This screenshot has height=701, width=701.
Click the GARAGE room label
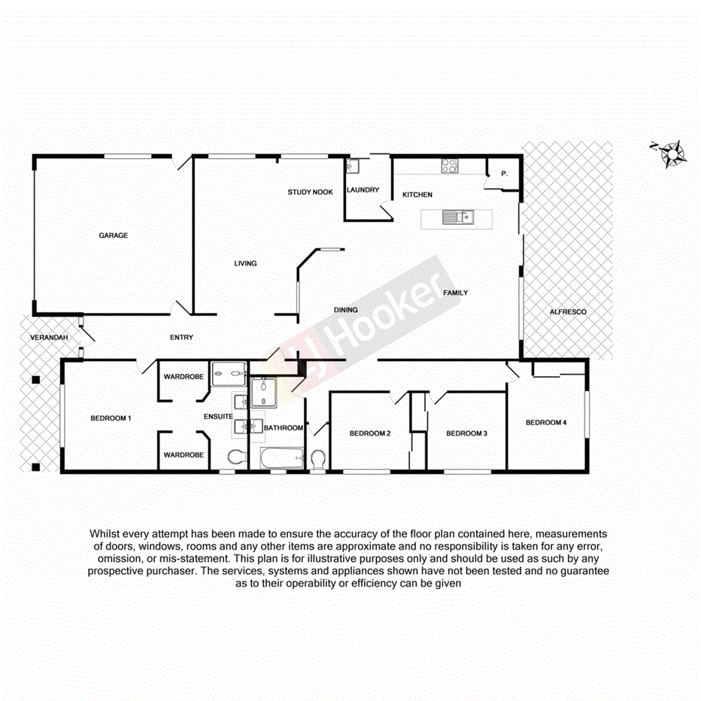pyautogui.click(x=113, y=235)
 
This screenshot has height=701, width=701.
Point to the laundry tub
pyautogui.click(x=354, y=167)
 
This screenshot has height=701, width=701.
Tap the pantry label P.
pyautogui.click(x=504, y=174)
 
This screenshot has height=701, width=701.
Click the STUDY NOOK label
pyautogui.click(x=310, y=192)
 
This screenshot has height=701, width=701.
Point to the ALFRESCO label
pyautogui.click(x=567, y=311)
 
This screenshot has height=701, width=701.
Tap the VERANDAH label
pyautogui.click(x=49, y=338)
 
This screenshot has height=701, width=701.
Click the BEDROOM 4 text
pyautogui.click(x=545, y=423)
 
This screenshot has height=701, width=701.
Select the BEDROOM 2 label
pyautogui.click(x=370, y=433)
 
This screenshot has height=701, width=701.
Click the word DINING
pyautogui.click(x=345, y=310)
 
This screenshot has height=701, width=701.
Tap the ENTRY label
pyautogui.click(x=181, y=338)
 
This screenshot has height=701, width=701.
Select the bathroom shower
pyautogui.click(x=265, y=392)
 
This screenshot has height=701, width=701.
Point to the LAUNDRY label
pyautogui.click(x=363, y=190)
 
